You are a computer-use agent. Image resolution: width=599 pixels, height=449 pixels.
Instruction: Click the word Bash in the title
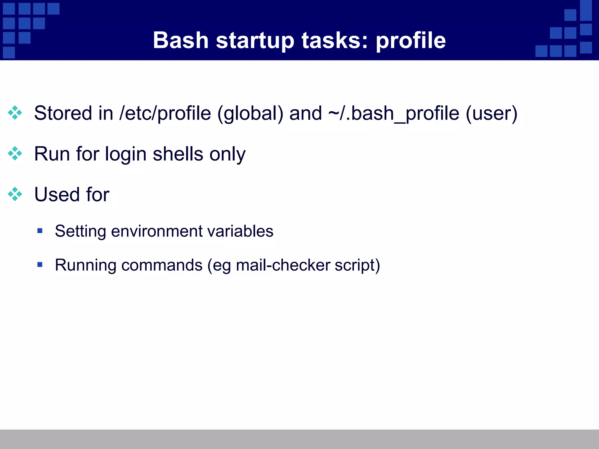coord(180,40)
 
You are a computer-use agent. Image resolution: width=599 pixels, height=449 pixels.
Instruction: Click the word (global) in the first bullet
coord(250,113)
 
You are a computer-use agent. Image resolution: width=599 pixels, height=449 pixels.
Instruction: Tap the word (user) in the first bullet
coord(491,113)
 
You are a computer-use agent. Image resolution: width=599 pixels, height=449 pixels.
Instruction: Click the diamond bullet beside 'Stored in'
coord(15,113)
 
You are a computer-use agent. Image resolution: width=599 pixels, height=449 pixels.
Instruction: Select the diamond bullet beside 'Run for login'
coord(15,153)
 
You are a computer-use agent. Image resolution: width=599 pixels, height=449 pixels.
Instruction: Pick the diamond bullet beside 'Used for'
coord(15,194)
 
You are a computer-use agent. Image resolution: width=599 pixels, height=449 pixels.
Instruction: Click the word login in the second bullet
coord(125,154)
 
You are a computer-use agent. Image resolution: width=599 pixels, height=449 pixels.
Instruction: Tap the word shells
coord(178,154)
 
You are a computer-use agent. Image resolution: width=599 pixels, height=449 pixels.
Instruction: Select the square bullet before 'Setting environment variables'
coord(40,231)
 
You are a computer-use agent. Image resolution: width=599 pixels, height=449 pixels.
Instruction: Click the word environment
coord(157,231)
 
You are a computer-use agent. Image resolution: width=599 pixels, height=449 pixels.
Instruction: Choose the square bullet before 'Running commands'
coord(40,265)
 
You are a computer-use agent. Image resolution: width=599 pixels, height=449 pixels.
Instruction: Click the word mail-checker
coord(283,265)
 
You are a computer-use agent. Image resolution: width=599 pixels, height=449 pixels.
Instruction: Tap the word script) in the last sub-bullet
coord(357,265)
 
